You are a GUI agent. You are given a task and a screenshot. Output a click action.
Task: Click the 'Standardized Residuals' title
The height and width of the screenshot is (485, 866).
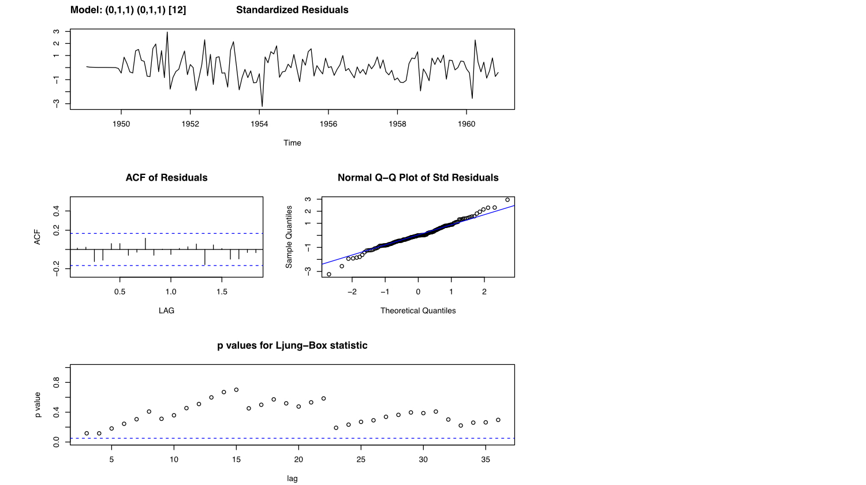click(292, 10)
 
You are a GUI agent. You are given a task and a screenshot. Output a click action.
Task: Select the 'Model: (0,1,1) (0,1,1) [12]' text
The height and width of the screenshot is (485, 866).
click(128, 10)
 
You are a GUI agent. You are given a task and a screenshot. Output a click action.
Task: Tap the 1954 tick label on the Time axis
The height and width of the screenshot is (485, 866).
click(259, 124)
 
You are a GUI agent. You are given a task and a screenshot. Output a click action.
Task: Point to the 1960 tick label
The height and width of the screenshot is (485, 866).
click(466, 124)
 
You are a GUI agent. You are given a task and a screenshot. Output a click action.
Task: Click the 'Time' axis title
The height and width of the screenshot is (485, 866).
click(292, 143)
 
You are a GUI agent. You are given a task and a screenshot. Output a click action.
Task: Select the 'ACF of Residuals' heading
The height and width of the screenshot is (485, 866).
click(166, 178)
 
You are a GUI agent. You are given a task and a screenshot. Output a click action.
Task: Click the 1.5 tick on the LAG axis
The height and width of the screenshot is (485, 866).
click(222, 292)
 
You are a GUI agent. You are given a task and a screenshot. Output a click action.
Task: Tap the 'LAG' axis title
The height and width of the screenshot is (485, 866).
click(166, 311)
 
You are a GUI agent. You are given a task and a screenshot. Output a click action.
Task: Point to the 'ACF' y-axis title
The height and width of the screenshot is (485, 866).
click(38, 237)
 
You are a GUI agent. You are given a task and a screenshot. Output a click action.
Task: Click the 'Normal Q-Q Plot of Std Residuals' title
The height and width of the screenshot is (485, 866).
click(418, 178)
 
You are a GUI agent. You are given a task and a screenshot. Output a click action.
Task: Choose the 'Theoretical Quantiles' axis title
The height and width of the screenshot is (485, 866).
click(418, 311)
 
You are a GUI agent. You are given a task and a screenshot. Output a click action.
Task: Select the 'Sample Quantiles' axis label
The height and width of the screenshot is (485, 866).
click(289, 237)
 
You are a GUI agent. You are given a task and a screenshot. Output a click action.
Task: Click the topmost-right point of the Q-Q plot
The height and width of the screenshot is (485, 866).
click(507, 200)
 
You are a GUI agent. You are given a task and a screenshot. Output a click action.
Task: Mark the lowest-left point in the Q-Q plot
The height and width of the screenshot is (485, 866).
click(329, 274)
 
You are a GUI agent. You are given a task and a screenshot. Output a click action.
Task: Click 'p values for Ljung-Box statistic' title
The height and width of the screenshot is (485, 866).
click(292, 346)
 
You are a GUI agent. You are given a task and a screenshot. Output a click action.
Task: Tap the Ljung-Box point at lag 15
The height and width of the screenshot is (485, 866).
click(236, 390)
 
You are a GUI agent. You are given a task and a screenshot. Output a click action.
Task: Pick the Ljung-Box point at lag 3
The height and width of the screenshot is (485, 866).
click(87, 433)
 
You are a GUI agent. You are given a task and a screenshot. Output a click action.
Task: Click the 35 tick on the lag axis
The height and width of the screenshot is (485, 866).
click(486, 460)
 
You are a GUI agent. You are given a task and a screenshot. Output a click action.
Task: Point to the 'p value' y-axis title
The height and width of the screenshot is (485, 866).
click(38, 405)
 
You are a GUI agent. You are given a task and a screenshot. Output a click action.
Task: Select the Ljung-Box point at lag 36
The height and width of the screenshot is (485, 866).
click(498, 420)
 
